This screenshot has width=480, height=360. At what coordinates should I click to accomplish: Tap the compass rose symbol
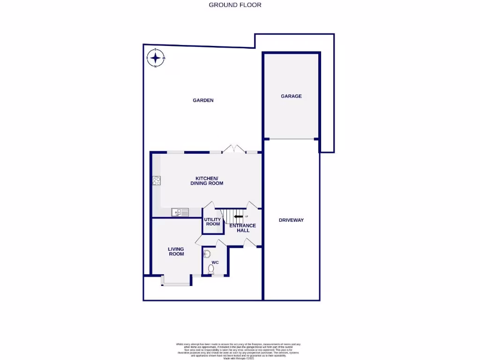[155, 58]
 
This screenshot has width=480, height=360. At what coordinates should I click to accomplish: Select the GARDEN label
[203, 100]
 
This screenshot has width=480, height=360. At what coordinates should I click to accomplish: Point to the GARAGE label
[291, 96]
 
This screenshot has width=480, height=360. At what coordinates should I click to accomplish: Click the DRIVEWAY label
[291, 220]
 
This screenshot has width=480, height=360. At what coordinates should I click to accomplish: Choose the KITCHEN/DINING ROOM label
[206, 181]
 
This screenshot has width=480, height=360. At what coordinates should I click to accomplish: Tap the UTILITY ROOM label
[213, 222]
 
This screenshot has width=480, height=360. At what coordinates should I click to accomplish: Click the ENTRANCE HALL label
[242, 228]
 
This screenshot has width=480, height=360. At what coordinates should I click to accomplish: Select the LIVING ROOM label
[176, 251]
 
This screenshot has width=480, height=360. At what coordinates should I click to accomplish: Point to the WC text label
[215, 262]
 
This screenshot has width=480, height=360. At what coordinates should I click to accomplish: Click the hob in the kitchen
[157, 180]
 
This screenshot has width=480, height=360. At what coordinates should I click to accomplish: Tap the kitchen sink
[179, 212]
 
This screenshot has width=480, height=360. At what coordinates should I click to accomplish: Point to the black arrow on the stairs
[238, 216]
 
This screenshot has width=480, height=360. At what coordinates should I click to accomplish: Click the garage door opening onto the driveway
[291, 139]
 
